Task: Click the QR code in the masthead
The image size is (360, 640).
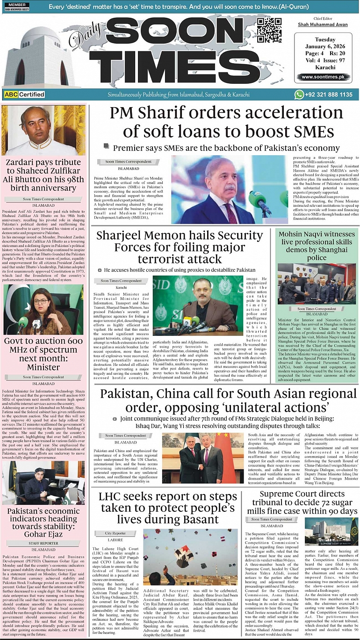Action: point(269,31)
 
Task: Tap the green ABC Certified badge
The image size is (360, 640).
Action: point(24,95)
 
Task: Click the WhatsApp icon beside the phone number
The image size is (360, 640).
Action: point(299,95)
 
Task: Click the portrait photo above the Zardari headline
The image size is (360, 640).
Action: point(43,131)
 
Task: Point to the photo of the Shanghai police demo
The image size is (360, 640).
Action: point(317,284)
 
